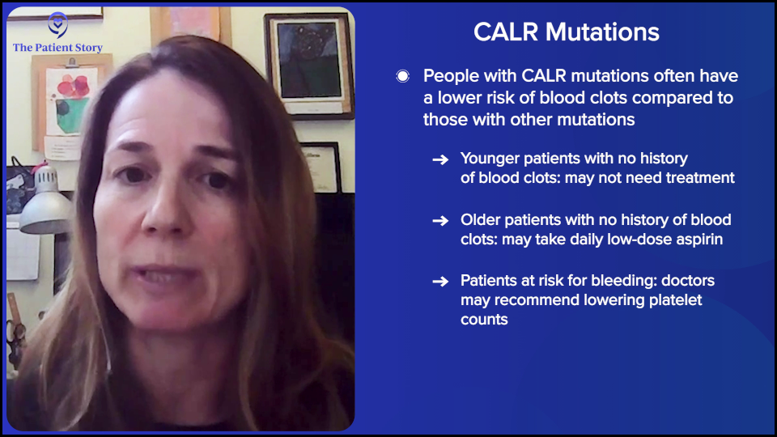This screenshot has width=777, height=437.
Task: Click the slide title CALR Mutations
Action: (566, 32)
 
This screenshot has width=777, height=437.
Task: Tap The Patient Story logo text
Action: (57, 48)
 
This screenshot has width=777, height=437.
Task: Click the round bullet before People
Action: (402, 77)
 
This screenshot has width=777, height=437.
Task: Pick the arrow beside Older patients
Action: (440, 220)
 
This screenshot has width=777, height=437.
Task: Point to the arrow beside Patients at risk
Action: (440, 282)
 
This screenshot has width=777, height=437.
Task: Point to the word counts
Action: (484, 320)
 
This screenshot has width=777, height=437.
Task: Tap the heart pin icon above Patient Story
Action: (57, 23)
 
